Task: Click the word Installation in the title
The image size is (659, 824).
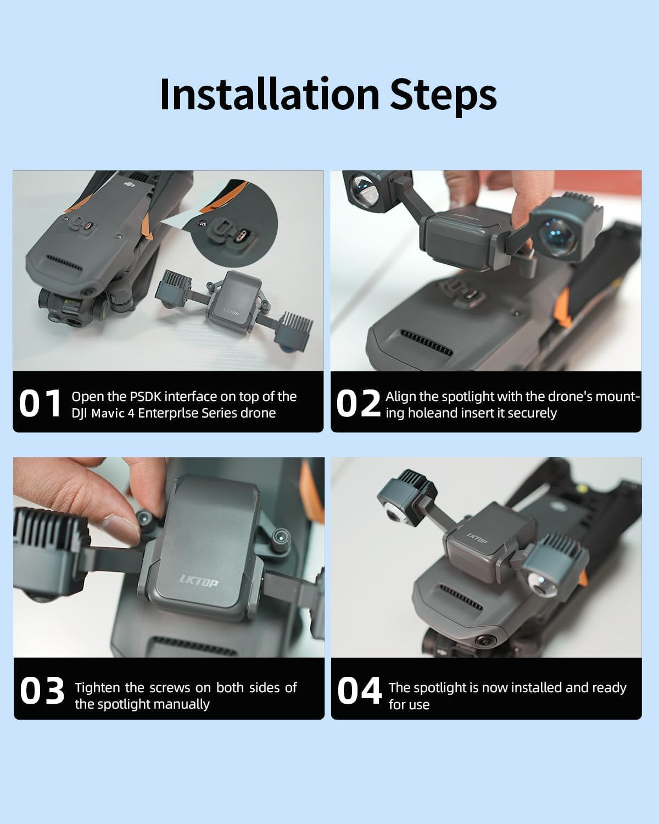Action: click(x=269, y=93)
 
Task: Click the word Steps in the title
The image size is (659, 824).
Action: click(x=443, y=96)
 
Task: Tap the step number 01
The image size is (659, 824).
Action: click(x=40, y=403)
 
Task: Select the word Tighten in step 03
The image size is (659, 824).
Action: click(x=98, y=688)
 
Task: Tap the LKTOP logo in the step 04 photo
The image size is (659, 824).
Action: click(x=477, y=538)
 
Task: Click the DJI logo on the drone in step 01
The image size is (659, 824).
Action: click(x=129, y=185)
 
